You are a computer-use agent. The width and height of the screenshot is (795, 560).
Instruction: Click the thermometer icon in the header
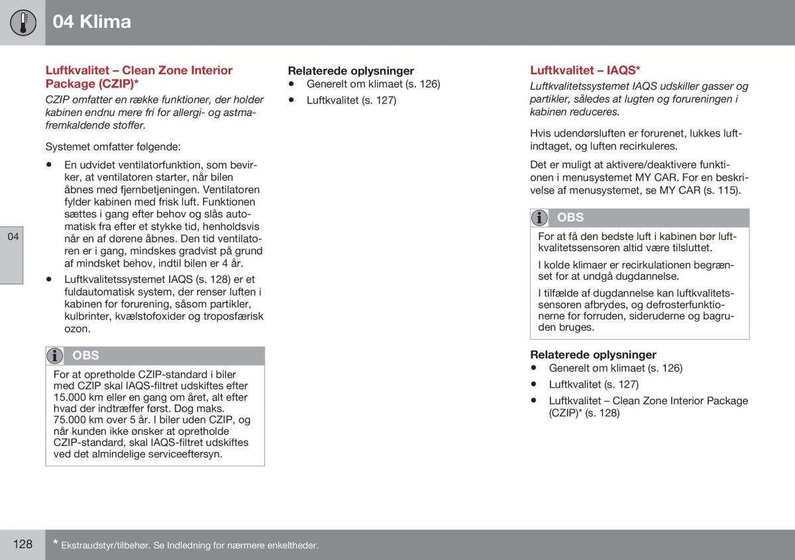click(23, 22)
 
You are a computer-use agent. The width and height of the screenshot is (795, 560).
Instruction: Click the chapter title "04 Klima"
click(91, 22)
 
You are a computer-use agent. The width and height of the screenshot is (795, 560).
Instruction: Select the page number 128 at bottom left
click(22, 544)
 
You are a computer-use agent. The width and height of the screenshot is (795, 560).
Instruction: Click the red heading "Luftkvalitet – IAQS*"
click(585, 70)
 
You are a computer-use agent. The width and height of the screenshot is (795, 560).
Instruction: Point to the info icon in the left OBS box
click(56, 356)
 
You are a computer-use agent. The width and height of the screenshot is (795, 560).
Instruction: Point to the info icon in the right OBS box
click(540, 217)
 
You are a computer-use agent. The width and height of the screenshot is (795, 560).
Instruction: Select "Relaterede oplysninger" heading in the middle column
click(350, 71)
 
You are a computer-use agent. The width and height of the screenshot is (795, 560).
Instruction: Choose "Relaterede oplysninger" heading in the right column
click(593, 355)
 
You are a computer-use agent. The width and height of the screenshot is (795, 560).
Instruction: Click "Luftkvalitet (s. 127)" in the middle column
click(351, 101)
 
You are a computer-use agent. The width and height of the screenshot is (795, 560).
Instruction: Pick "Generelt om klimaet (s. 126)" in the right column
click(615, 368)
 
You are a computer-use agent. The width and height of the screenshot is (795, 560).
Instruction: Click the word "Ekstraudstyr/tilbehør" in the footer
click(104, 545)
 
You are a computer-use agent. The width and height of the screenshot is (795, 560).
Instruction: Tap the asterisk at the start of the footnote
click(56, 543)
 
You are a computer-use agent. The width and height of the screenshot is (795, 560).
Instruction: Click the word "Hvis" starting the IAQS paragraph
click(541, 133)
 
